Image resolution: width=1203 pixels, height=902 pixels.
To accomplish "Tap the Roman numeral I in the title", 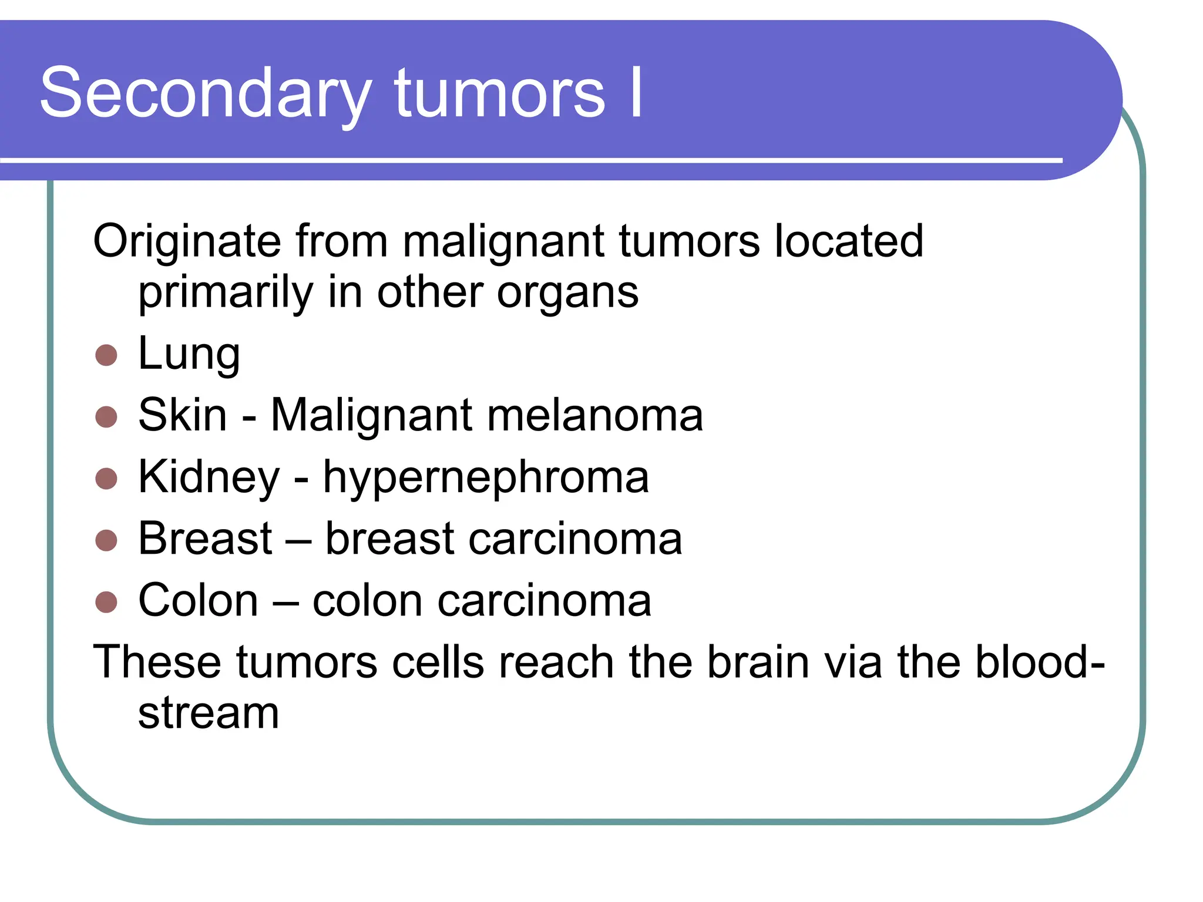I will coord(636,93).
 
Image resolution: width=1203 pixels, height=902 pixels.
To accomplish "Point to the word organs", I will coord(567,292).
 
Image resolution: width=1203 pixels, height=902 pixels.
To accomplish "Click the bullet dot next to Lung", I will coord(106,355).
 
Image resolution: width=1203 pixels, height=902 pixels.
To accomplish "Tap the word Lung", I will coord(189,354).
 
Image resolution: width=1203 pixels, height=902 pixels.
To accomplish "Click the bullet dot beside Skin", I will coord(106,416).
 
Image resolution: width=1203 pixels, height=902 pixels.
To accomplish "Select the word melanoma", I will coord(595,415).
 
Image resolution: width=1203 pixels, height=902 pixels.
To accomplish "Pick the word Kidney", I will coord(209,477).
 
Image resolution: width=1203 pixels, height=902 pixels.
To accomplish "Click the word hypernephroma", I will coord(486,477).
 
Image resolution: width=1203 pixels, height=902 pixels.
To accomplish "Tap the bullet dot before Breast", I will coord(106,540).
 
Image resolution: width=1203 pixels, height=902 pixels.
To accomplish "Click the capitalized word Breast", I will coord(205,538).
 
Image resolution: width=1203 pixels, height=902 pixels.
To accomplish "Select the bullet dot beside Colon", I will coord(106,601).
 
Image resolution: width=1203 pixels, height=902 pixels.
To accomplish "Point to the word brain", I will coord(758,662).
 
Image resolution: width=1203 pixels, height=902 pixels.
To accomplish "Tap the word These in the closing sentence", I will coord(157,662).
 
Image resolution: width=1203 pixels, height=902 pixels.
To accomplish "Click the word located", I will coord(849,241).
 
